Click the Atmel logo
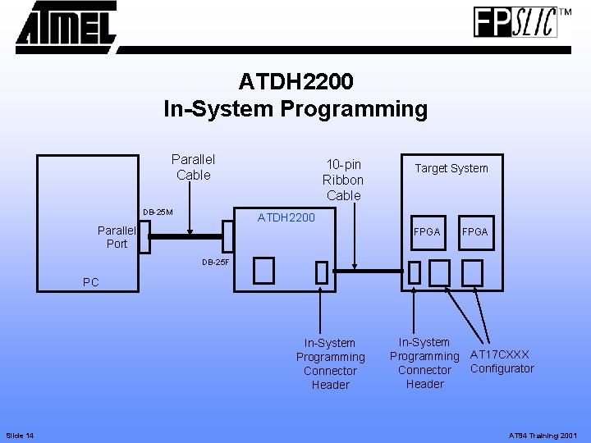pos(66,26)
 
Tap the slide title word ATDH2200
pos(295,82)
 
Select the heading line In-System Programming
pos(295,109)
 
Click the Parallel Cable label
pos(193,167)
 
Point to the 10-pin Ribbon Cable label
pos(343,180)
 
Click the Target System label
pos(451,168)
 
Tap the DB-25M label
pos(158,212)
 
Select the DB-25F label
pos(217,263)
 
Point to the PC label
pos(91,282)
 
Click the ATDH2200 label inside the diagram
pos(286,217)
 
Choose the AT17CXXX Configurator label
pos(502,362)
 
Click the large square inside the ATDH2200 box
pos(263,269)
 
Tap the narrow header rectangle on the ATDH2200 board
pos(321,272)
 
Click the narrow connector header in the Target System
pos(415,272)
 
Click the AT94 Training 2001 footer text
pos(544,433)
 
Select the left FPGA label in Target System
pos(426,232)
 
